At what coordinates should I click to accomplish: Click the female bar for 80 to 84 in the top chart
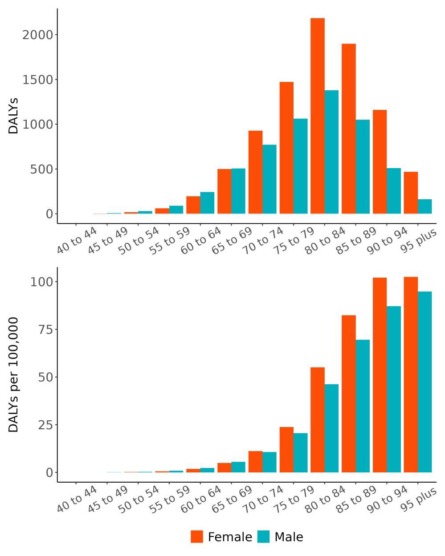tap(318, 116)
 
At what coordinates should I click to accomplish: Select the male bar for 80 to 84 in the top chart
tap(331, 152)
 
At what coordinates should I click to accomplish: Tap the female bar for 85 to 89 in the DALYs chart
tap(348, 129)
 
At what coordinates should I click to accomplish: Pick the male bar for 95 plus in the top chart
tap(425, 206)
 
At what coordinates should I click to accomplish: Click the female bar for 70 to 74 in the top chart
tap(255, 172)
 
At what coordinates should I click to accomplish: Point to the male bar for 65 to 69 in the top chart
tap(238, 191)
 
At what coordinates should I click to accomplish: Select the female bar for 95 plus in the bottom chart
tap(411, 375)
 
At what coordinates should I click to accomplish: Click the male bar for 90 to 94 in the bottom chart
tap(393, 389)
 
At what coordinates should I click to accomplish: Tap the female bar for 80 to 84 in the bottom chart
tap(318, 420)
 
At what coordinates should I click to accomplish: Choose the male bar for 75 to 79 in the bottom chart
tap(300, 453)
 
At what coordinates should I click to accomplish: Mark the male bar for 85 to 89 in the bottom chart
tap(363, 406)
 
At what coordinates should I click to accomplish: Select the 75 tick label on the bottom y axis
tap(45, 330)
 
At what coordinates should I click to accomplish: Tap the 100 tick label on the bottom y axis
tap(42, 282)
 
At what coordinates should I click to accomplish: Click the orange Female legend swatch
tap(197, 536)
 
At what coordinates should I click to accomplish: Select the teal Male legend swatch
tap(263, 536)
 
